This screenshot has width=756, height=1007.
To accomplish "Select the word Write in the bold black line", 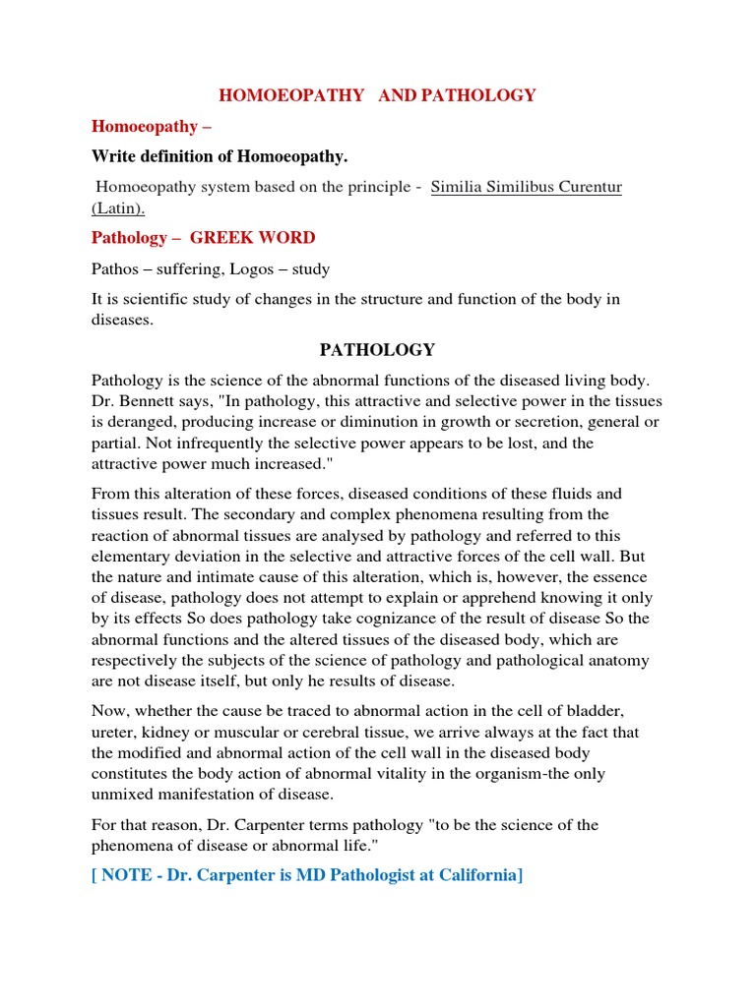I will (113, 156).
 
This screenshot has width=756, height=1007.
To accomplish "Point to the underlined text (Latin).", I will (119, 208).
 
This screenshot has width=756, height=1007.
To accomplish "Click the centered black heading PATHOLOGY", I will (377, 350).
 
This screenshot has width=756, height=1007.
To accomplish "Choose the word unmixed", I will (123, 794).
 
